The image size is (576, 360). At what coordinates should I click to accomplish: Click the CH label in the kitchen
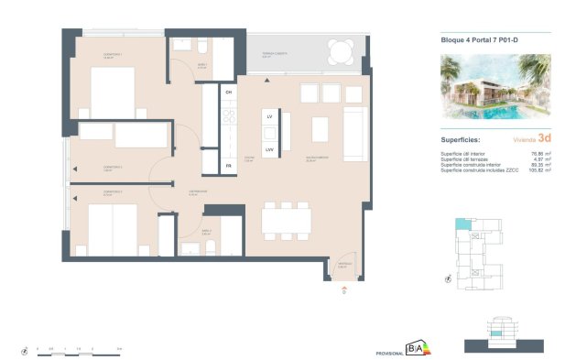[x=229, y=93]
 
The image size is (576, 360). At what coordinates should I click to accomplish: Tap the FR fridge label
[x=229, y=166]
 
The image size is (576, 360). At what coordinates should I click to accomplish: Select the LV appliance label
[x=270, y=119]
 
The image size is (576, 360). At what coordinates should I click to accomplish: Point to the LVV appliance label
[x=270, y=148]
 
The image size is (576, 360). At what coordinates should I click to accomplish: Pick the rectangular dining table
[x=287, y=220]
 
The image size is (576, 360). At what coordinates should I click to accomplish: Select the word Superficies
[x=462, y=138]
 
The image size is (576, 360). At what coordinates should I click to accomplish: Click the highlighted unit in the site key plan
[x=464, y=224]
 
